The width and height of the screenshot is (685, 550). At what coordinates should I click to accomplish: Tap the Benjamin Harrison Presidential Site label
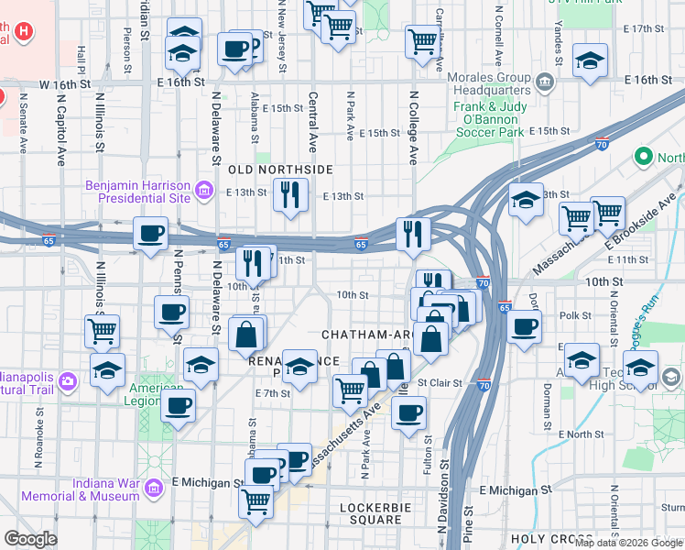(x=137, y=191)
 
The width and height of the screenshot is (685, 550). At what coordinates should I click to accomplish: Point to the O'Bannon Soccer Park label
(x=489, y=124)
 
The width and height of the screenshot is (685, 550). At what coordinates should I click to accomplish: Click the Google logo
(x=29, y=538)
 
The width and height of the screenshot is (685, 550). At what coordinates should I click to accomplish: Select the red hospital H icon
(x=24, y=30)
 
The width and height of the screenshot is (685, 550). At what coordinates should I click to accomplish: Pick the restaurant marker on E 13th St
(x=290, y=194)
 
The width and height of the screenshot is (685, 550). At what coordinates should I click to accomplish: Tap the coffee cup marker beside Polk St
(x=524, y=327)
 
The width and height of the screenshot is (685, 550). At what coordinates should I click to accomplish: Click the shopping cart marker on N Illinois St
(x=103, y=329)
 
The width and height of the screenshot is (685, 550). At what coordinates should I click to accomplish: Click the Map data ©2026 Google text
(x=628, y=543)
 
